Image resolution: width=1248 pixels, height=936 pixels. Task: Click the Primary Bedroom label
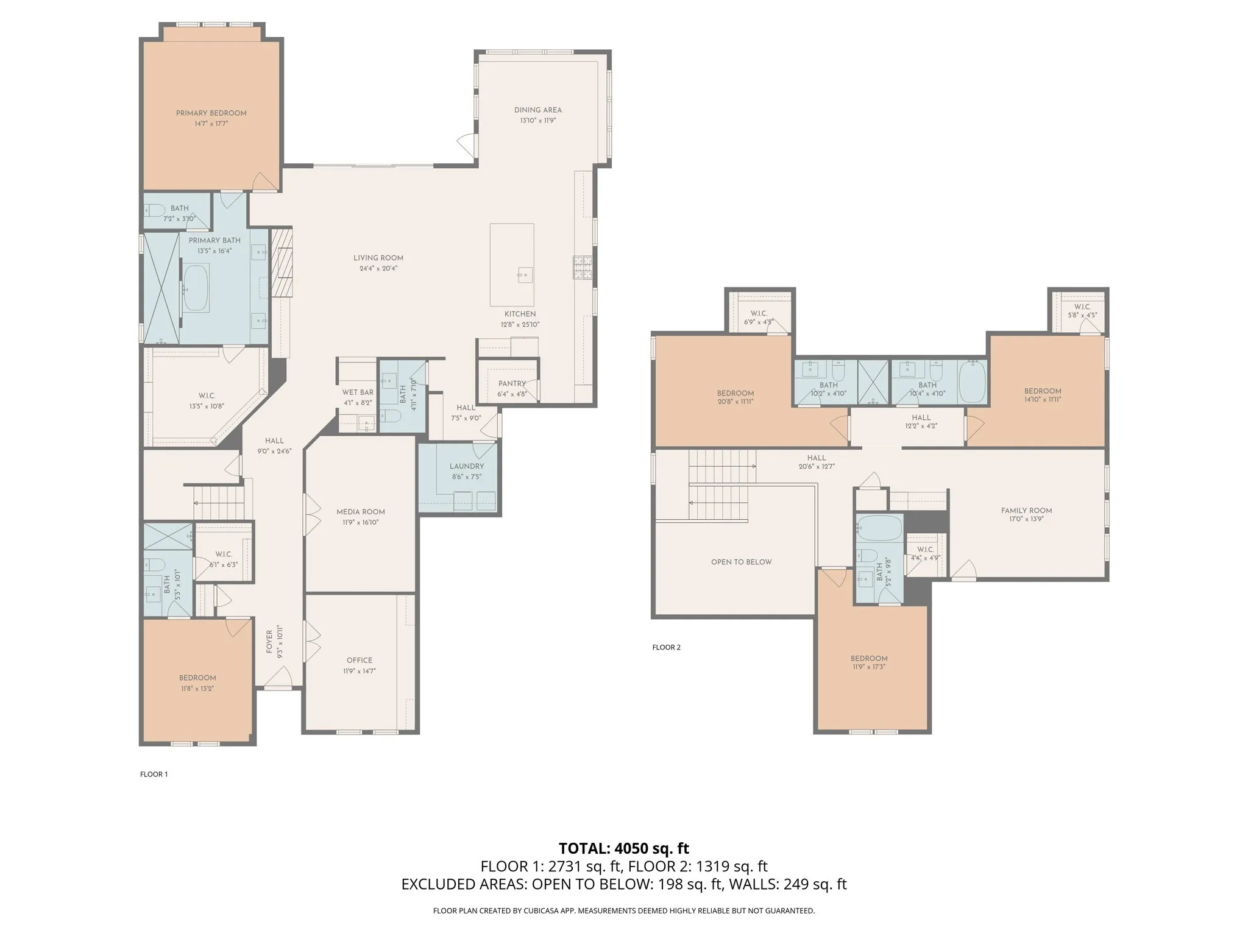pyautogui.click(x=211, y=113)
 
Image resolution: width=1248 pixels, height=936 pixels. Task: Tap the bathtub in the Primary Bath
pyautogui.click(x=196, y=288)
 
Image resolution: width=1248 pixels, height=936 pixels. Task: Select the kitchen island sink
pyautogui.click(x=523, y=275)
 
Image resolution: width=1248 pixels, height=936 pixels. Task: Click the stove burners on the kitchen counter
pyautogui.click(x=582, y=268)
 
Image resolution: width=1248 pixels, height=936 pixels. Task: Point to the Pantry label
pyautogui.click(x=511, y=384)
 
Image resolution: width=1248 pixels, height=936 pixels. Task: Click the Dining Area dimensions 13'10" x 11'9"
pyautogui.click(x=537, y=121)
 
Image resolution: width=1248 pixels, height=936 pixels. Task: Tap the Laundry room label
pyautogui.click(x=466, y=466)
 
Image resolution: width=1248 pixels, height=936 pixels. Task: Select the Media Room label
pyautogui.click(x=360, y=512)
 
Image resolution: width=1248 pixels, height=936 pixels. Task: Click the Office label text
pyautogui.click(x=359, y=660)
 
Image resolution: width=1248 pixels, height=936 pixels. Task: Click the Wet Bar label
pyautogui.click(x=357, y=392)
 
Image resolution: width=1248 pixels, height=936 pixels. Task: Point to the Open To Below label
pyautogui.click(x=741, y=562)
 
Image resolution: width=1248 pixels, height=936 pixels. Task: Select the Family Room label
pyautogui.click(x=1026, y=511)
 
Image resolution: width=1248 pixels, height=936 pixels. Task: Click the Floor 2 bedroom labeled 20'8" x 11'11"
pyautogui.click(x=735, y=397)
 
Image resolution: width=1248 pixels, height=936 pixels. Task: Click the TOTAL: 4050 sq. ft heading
pyautogui.click(x=623, y=848)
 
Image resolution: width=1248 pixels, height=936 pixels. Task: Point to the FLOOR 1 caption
pyautogui.click(x=154, y=774)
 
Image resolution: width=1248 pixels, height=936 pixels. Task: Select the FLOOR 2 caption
pyautogui.click(x=666, y=647)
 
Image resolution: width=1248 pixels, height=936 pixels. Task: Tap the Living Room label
pyautogui.click(x=378, y=258)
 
